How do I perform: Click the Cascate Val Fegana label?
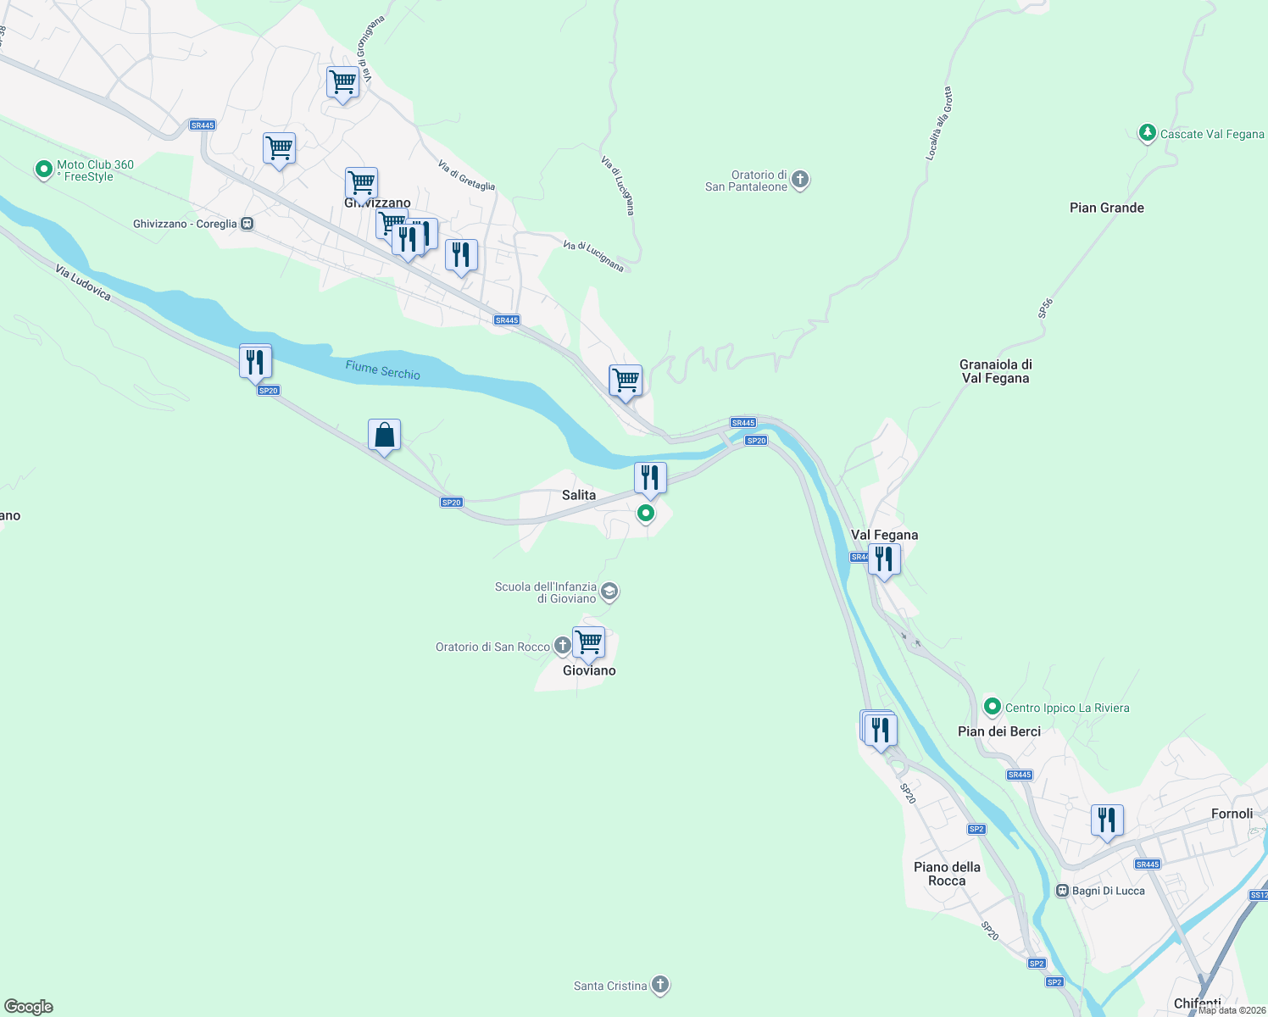(x=1211, y=134)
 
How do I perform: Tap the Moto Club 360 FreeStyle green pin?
(x=43, y=169)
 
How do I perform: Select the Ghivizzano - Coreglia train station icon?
(x=247, y=224)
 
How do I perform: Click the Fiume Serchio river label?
(x=382, y=370)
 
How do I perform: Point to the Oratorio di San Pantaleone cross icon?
(x=800, y=180)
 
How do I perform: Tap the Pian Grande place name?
(x=1106, y=208)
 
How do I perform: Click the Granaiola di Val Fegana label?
(x=995, y=371)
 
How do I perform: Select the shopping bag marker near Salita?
(x=384, y=435)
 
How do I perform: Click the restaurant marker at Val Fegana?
(x=884, y=559)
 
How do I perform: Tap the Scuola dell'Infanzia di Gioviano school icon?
(x=609, y=591)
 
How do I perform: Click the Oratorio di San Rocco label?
(x=492, y=647)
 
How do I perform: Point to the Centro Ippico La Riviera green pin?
(x=992, y=706)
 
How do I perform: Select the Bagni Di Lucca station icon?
(x=1062, y=891)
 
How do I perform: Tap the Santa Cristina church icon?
(x=660, y=985)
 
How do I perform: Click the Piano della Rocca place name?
(x=947, y=874)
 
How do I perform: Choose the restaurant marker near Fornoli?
(x=1106, y=820)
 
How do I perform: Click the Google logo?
(x=29, y=1007)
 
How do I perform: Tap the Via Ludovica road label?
(x=83, y=282)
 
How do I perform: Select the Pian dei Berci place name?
(x=998, y=731)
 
